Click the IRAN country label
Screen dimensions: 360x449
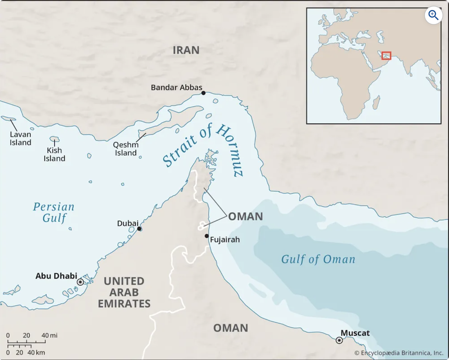tap(186, 50)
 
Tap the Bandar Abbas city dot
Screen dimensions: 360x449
tap(203, 93)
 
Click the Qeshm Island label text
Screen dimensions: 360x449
tap(126, 149)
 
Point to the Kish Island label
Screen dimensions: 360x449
tap(54, 154)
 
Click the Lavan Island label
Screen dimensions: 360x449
tap(21, 138)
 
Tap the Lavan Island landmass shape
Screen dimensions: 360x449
tap(9, 119)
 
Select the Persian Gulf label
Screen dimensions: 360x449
tap(54, 213)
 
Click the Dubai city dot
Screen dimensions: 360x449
tap(139, 229)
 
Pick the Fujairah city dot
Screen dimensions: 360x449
tap(207, 236)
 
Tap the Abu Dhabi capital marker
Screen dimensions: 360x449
tap(80, 282)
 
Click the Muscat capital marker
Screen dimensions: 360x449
tap(339, 340)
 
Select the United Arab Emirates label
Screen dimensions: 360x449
tap(124, 293)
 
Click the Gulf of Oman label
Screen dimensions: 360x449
tap(318, 259)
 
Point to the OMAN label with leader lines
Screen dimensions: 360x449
tap(246, 217)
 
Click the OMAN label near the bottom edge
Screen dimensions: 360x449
tap(231, 328)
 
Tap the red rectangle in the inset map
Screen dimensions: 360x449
tap(386, 55)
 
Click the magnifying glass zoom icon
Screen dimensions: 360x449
tap(433, 15)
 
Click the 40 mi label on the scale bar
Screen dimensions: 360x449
tap(49, 335)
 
